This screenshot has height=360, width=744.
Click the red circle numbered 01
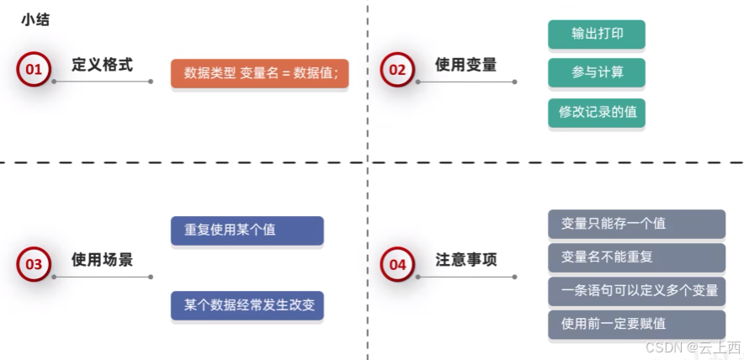coord(34,70)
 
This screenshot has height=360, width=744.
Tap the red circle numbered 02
coord(397,70)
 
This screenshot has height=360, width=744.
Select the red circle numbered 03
coord(34,264)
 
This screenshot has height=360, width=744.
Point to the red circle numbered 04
coord(397,264)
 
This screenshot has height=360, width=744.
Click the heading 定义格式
coord(102,65)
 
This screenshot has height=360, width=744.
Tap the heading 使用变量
coord(465,65)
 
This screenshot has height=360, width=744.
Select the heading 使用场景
coord(102,259)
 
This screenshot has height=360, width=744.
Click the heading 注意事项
coord(465,259)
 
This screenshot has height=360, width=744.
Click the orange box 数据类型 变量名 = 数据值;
coord(260,73)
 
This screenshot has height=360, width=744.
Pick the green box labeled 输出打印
coord(596,34)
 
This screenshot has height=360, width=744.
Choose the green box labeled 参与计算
coord(596,73)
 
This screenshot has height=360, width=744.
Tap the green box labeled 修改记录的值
coord(596,112)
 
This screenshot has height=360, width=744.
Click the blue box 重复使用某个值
coord(247,230)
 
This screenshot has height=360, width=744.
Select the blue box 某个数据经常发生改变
coord(247,304)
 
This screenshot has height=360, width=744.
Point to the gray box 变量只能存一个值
coord(636,224)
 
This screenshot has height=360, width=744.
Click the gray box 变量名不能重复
coord(636,257)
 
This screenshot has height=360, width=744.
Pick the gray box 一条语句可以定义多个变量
coord(636,291)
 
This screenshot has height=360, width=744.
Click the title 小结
coord(35,19)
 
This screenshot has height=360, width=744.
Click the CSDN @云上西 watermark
coord(693,347)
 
